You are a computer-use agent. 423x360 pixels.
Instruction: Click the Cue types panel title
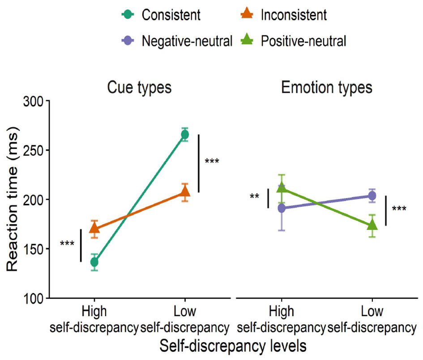[x=139, y=88]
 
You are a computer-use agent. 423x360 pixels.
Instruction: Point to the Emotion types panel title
[x=327, y=88]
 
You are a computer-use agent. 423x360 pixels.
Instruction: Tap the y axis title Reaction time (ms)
[x=13, y=199]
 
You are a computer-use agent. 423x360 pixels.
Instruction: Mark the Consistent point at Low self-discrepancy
[x=184, y=134]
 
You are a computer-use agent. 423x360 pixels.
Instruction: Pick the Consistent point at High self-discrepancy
[x=94, y=262]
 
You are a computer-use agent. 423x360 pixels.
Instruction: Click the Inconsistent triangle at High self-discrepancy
[x=94, y=229]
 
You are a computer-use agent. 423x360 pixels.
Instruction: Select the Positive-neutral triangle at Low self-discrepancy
[x=372, y=225]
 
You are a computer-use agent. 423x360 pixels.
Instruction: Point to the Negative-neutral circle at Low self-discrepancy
[x=372, y=196]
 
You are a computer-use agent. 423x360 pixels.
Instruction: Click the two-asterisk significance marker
[x=255, y=197]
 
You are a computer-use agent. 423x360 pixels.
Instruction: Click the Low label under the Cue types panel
[x=184, y=311]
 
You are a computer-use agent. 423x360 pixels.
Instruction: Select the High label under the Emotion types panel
[x=282, y=311]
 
